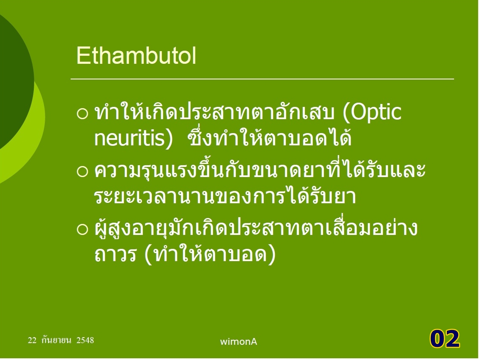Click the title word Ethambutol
(136, 56)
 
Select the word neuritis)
(134, 139)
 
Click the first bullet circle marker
(82, 114)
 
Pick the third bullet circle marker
(82, 229)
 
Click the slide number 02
(444, 339)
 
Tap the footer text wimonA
(238, 342)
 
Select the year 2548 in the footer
(85, 340)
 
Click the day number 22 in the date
(32, 340)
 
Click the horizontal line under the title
(263, 79)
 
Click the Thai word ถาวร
(115, 254)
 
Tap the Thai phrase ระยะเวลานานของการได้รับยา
(225, 195)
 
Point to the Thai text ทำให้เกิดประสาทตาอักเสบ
(214, 112)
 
